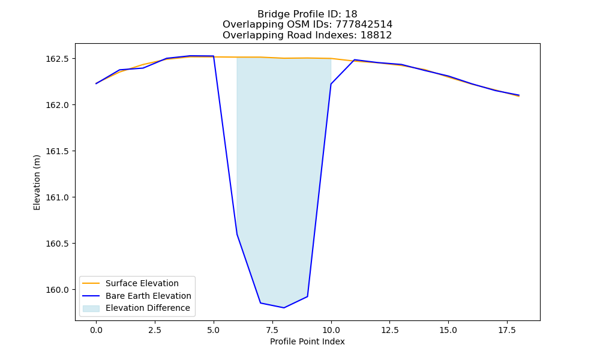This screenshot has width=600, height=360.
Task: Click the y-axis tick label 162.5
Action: coord(57,59)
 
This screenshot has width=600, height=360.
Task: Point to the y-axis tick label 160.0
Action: coord(57,290)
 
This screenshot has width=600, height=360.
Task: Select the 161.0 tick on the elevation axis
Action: coord(57,197)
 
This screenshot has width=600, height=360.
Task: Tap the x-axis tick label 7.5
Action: coord(272,330)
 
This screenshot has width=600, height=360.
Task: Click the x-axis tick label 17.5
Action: coord(507,330)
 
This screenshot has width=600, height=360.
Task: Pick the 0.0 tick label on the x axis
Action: coord(96,330)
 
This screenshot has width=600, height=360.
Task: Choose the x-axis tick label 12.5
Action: coord(389,330)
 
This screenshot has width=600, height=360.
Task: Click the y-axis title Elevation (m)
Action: coord(37,182)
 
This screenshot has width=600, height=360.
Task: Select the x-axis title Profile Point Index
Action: coord(307,341)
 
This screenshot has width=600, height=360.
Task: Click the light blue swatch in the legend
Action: coord(91,308)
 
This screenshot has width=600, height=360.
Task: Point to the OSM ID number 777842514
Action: coord(364,25)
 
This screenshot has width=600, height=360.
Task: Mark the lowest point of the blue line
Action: coord(284,308)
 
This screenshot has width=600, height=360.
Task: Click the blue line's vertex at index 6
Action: coord(237,234)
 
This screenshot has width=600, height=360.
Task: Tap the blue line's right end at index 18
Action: coord(519,95)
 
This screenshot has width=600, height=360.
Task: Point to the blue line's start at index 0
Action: coord(96,83)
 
